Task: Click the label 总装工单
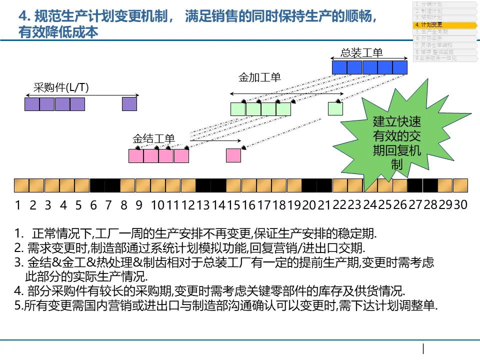(362, 52)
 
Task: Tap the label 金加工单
(259, 77)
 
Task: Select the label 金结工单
(153, 138)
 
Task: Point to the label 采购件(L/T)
(61, 87)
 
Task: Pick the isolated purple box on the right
(129, 104)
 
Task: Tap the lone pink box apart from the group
(233, 155)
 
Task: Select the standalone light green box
(335, 108)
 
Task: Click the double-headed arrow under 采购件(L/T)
(82, 95)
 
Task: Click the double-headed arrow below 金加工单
(287, 93)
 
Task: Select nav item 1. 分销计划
(428, 4)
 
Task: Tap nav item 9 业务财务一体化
(435, 58)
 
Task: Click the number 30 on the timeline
(460, 205)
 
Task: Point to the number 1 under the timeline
(18, 205)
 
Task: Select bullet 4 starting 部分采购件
(210, 291)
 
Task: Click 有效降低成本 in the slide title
(58, 32)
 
